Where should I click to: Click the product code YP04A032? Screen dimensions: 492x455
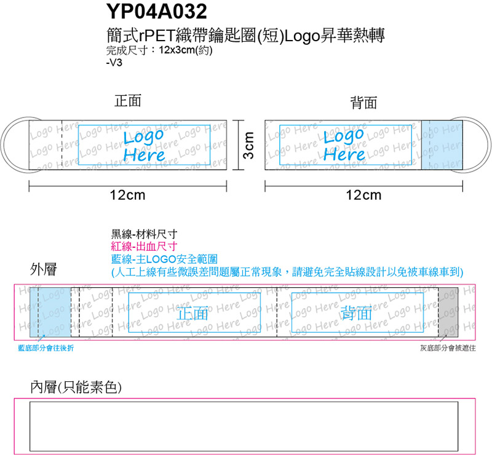tap(157, 12)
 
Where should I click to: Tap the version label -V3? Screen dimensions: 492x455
tap(114, 63)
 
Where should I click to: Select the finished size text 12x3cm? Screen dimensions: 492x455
tap(177, 50)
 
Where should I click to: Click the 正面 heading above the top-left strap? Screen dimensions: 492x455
tap(128, 101)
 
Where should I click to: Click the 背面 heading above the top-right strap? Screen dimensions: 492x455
tap(363, 103)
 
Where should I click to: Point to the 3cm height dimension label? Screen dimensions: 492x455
tap(248, 145)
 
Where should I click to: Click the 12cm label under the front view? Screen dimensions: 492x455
tap(128, 195)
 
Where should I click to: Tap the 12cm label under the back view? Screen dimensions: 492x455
tap(363, 195)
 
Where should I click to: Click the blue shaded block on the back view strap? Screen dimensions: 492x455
tap(442, 145)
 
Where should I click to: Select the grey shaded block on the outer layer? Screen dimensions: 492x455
tap(448, 312)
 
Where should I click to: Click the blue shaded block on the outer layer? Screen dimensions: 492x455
tap(50, 312)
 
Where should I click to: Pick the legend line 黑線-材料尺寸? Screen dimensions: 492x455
tap(144, 234)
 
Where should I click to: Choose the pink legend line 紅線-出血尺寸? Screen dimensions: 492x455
tap(144, 247)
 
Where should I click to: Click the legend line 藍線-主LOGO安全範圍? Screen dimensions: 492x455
tap(164, 259)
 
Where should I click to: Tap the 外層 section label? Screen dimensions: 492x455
tap(44, 269)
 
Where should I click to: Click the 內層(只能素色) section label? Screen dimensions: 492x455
tap(76, 387)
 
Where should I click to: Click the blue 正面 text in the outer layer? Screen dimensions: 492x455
tap(192, 313)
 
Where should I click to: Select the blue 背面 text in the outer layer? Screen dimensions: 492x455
tap(357, 313)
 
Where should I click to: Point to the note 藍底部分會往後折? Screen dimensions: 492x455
tap(46, 348)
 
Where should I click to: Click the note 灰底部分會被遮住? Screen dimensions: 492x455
tap(448, 348)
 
